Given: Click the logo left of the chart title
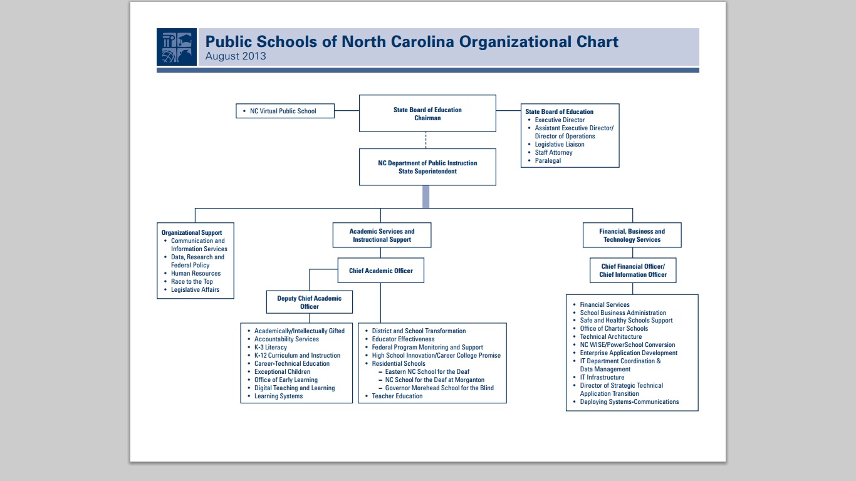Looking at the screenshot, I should [x=176, y=47].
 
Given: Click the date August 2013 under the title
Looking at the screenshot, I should [x=236, y=56].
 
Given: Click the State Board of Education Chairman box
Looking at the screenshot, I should [x=427, y=113].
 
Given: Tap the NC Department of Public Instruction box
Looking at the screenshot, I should [x=427, y=167].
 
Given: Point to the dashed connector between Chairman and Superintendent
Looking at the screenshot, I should [x=426, y=140].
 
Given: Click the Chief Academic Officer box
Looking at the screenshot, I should [x=381, y=271].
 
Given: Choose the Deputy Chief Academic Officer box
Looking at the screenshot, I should [x=310, y=302].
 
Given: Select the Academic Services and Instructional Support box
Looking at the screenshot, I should [x=382, y=235].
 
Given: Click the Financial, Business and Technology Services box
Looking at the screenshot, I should [x=632, y=235].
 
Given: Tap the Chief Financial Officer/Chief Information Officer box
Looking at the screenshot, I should [x=633, y=271].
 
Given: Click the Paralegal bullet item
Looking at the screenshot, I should [x=548, y=161].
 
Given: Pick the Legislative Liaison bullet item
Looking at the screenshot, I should [x=559, y=145].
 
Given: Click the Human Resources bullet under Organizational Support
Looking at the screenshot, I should [x=196, y=274].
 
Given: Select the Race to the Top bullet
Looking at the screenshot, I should [x=192, y=282].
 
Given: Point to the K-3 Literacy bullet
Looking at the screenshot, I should [x=270, y=348].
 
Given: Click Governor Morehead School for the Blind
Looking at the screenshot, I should [x=439, y=388].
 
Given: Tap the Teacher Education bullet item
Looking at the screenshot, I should [x=397, y=396].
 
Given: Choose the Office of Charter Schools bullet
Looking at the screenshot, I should [x=613, y=329].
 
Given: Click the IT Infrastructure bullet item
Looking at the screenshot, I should [x=602, y=378].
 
